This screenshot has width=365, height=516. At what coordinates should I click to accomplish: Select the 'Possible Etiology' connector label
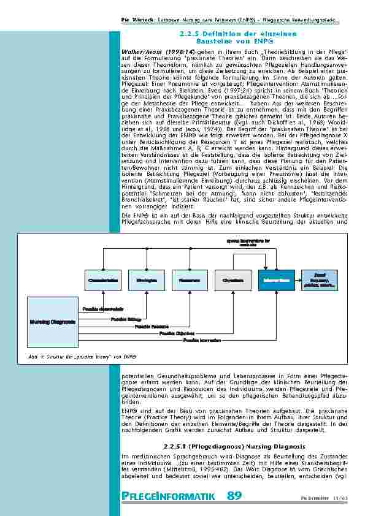click(126, 319)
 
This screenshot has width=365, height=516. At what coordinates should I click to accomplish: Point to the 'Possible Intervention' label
click(202, 340)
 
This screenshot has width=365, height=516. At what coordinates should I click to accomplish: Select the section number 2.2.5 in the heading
click(191, 34)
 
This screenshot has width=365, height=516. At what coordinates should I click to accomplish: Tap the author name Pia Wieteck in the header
click(134, 20)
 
